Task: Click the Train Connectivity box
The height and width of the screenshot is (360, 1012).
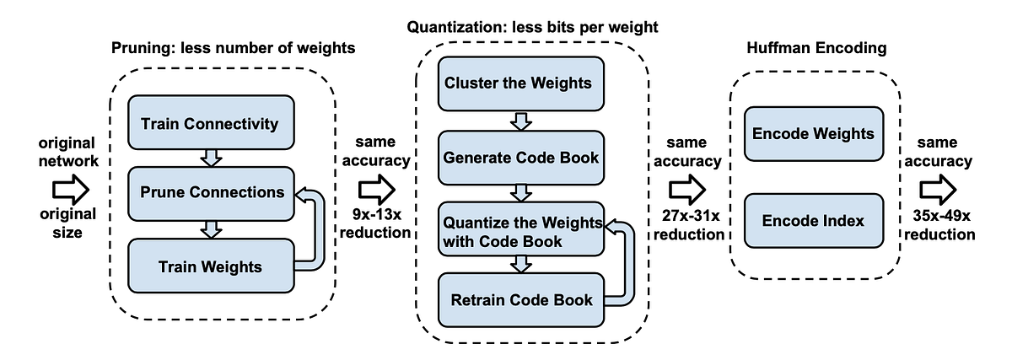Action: coord(209,124)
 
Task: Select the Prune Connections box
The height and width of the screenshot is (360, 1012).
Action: coord(209,192)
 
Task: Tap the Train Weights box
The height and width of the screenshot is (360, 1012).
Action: coord(209,266)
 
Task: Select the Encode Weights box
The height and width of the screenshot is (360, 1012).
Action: coord(813,134)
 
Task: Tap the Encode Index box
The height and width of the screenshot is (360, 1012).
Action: coord(813,220)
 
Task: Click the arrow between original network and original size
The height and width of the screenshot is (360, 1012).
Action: coord(70,187)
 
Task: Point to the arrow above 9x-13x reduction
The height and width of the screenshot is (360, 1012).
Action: coord(376,187)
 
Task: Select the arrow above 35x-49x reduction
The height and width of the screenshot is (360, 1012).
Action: coord(937,186)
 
